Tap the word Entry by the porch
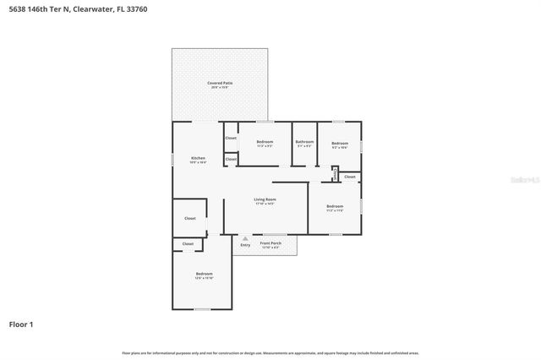point(245,245)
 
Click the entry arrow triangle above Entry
point(245,238)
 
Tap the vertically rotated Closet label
point(336,175)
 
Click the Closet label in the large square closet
point(189,218)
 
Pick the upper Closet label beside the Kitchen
point(231,138)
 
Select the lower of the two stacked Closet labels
point(231,158)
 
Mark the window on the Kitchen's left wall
point(173,159)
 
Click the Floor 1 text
point(21,324)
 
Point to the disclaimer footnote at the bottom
point(270,352)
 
